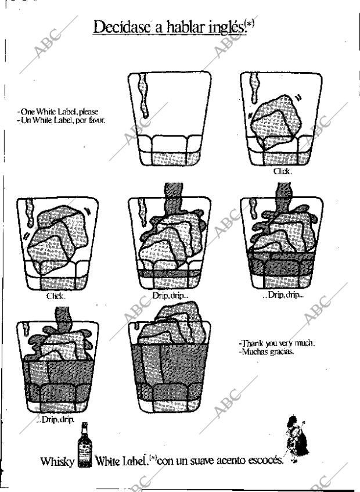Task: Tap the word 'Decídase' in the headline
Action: point(122,26)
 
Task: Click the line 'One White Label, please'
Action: point(59,112)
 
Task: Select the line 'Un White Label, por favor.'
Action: point(62,120)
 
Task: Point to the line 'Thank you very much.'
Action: point(277,343)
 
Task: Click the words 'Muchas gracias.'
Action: point(267,351)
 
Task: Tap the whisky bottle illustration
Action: point(84,444)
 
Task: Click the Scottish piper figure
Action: point(296,439)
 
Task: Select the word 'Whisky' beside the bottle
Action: point(57,461)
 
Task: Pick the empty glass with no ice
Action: point(170,119)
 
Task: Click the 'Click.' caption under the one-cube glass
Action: point(283,171)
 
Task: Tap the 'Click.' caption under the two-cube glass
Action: point(56,296)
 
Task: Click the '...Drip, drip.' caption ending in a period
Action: point(55,419)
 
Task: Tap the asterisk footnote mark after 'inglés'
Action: point(250,24)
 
